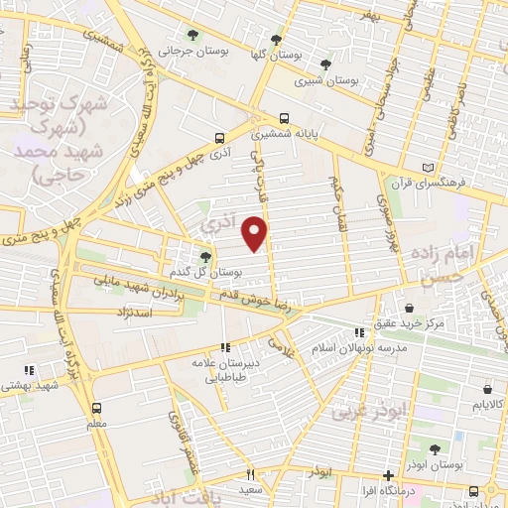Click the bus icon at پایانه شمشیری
[x=285, y=115]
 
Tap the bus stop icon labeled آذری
[x=218, y=138]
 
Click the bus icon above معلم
[x=96, y=407]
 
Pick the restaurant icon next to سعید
[x=250, y=474]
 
